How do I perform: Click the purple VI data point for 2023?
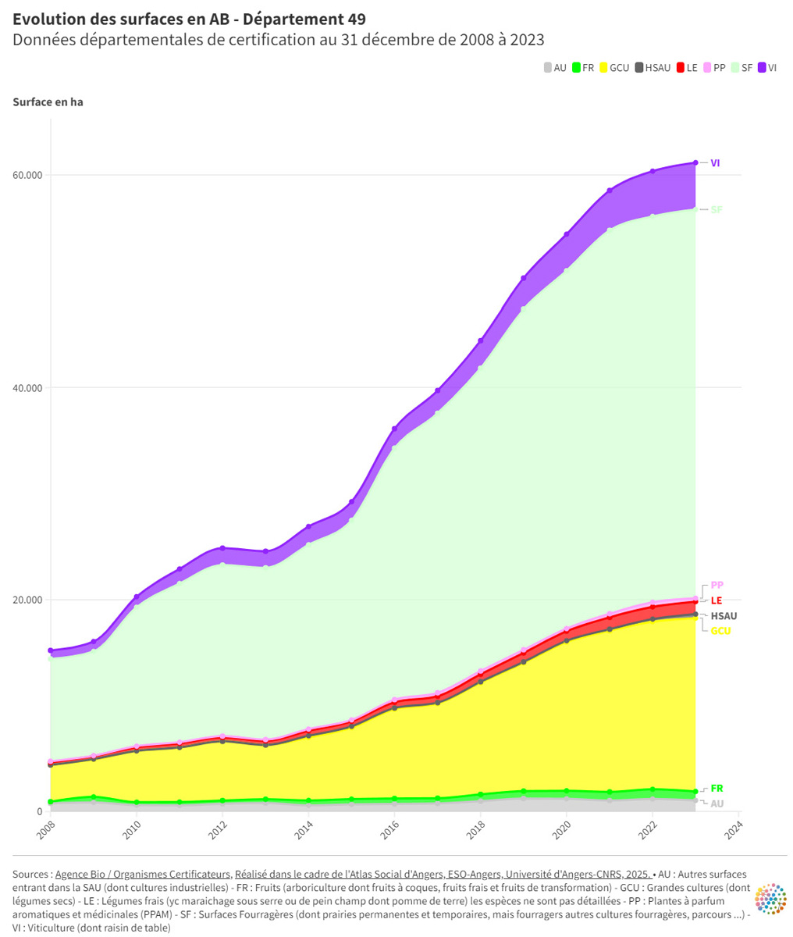[695, 162]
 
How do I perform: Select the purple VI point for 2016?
[394, 429]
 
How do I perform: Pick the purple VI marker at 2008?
[51, 650]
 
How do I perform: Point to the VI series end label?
[715, 162]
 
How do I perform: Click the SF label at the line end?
[717, 209]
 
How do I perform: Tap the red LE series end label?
[717, 600]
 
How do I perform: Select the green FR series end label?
[717, 788]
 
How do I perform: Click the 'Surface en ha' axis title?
[48, 102]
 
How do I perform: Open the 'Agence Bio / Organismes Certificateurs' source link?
[144, 875]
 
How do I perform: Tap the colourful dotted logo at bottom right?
[770, 900]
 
